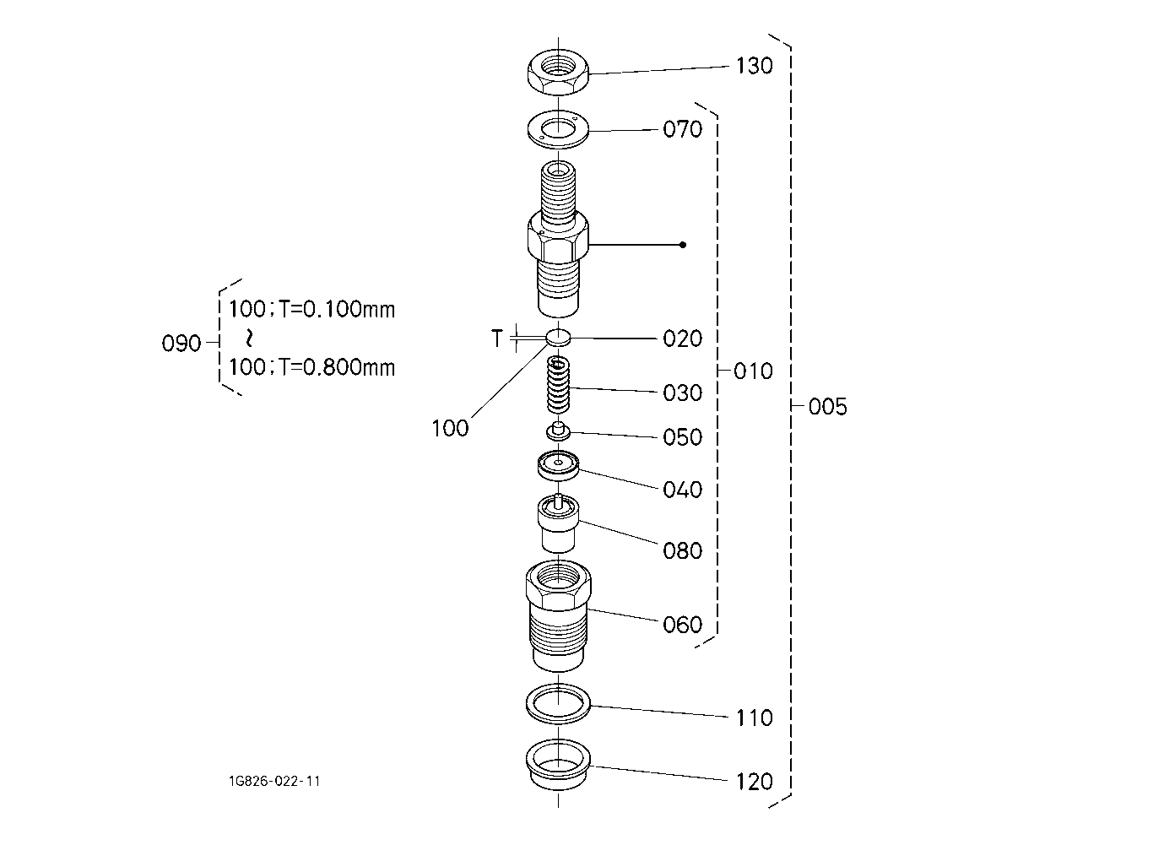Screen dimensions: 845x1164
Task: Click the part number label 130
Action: click(754, 65)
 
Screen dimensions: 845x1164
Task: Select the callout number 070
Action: click(682, 129)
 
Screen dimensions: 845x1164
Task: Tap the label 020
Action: click(682, 339)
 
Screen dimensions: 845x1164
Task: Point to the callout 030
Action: click(682, 393)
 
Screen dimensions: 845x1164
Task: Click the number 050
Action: click(682, 436)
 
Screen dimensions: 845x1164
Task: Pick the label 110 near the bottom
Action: click(754, 718)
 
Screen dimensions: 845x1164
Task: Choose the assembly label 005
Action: click(827, 407)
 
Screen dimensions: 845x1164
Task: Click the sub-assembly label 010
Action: click(754, 371)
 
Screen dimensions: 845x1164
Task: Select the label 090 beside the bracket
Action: click(181, 344)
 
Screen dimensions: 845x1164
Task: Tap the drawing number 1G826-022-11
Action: click(273, 781)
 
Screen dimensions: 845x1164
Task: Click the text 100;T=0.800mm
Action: click(311, 367)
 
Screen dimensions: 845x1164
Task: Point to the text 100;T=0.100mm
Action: click(311, 309)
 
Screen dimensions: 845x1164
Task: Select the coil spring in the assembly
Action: click(558, 384)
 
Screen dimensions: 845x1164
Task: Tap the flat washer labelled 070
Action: click(558, 129)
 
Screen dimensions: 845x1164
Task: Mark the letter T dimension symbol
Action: click(498, 339)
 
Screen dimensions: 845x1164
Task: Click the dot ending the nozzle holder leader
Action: click(683, 245)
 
